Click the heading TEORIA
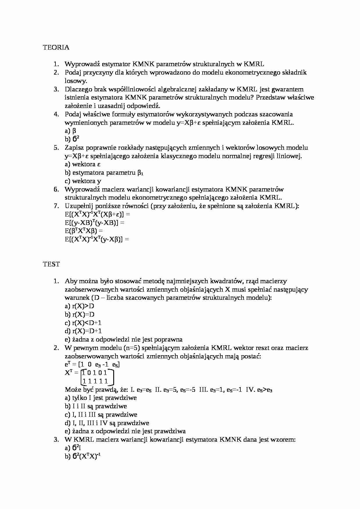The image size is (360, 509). point(56,47)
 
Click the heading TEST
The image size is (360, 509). point(51,264)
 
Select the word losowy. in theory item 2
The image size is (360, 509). point(76,81)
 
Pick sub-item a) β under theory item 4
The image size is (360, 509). point(70,131)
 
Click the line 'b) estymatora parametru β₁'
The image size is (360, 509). point(104,173)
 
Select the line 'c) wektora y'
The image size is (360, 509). point(83,181)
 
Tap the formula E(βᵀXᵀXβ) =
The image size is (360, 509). point(84,231)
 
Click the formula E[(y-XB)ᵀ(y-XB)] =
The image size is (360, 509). point(94,223)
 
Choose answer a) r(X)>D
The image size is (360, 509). point(79,306)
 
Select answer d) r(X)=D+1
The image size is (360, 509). point(83,331)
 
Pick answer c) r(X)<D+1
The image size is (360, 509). point(83,323)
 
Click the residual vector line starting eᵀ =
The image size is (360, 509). point(92,365)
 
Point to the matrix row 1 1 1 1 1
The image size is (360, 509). point(95,381)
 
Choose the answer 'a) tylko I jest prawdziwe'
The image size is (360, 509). point(100,398)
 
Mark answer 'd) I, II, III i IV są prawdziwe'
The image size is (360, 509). point(107,423)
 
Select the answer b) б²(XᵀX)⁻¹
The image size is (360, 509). point(82,457)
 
